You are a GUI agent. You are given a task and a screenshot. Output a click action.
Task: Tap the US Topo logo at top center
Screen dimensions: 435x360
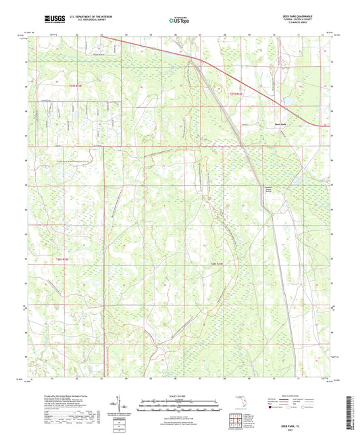[176, 20]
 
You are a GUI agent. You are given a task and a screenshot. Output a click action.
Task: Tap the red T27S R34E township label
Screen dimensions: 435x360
[235, 93]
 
